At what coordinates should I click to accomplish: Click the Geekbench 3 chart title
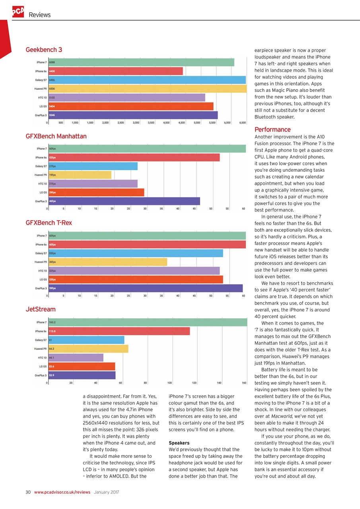[x=44, y=50]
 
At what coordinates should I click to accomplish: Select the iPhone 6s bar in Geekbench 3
[x=115, y=71]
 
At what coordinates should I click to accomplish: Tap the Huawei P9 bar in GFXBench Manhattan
[x=80, y=175]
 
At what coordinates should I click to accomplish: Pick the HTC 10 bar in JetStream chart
[x=76, y=358]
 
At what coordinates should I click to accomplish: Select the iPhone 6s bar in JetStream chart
[x=119, y=331]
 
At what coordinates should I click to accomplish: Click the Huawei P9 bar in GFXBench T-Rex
[x=107, y=262]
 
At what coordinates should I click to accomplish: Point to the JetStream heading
[x=41, y=309]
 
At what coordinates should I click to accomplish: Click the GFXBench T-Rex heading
[x=49, y=223]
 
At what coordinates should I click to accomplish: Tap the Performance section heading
[x=272, y=130]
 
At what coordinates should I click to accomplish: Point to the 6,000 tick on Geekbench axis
[x=227, y=123]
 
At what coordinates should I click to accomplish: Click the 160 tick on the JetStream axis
[x=244, y=383]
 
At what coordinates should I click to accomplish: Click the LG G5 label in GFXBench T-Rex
[x=41, y=280]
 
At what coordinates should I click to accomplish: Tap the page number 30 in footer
[x=28, y=492]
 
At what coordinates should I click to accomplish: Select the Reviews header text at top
[x=39, y=15]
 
